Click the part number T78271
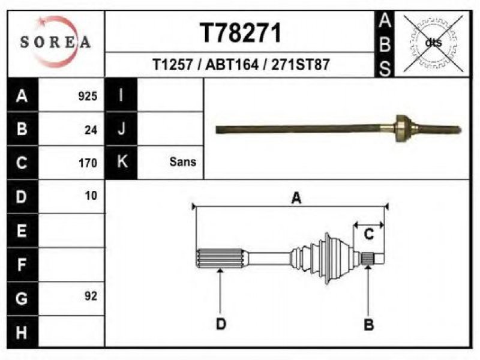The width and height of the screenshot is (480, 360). (x=241, y=33)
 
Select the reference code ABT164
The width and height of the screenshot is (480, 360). (x=232, y=65)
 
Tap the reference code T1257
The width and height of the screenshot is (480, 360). (x=173, y=65)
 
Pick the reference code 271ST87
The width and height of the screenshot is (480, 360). (x=301, y=65)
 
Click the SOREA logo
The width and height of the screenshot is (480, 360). (x=55, y=41)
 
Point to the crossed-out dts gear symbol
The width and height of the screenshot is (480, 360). (x=433, y=43)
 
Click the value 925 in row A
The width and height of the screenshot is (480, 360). (x=88, y=96)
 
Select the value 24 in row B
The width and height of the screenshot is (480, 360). (x=91, y=130)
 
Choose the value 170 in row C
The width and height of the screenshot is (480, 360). (x=88, y=163)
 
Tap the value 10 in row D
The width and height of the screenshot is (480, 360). (x=91, y=196)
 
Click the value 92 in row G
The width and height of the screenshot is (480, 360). (x=91, y=296)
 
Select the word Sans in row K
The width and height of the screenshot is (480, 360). (x=183, y=161)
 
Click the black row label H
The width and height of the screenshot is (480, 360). (x=22, y=332)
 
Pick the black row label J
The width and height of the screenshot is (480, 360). (x=121, y=128)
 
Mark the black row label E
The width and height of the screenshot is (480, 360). (x=22, y=230)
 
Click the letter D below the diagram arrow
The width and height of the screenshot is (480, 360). (x=221, y=323)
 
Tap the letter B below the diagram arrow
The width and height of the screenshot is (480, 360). (x=369, y=325)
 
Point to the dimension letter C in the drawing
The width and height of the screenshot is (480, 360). (x=369, y=235)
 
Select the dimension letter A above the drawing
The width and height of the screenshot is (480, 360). (x=296, y=198)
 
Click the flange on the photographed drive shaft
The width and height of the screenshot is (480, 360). (x=403, y=128)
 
